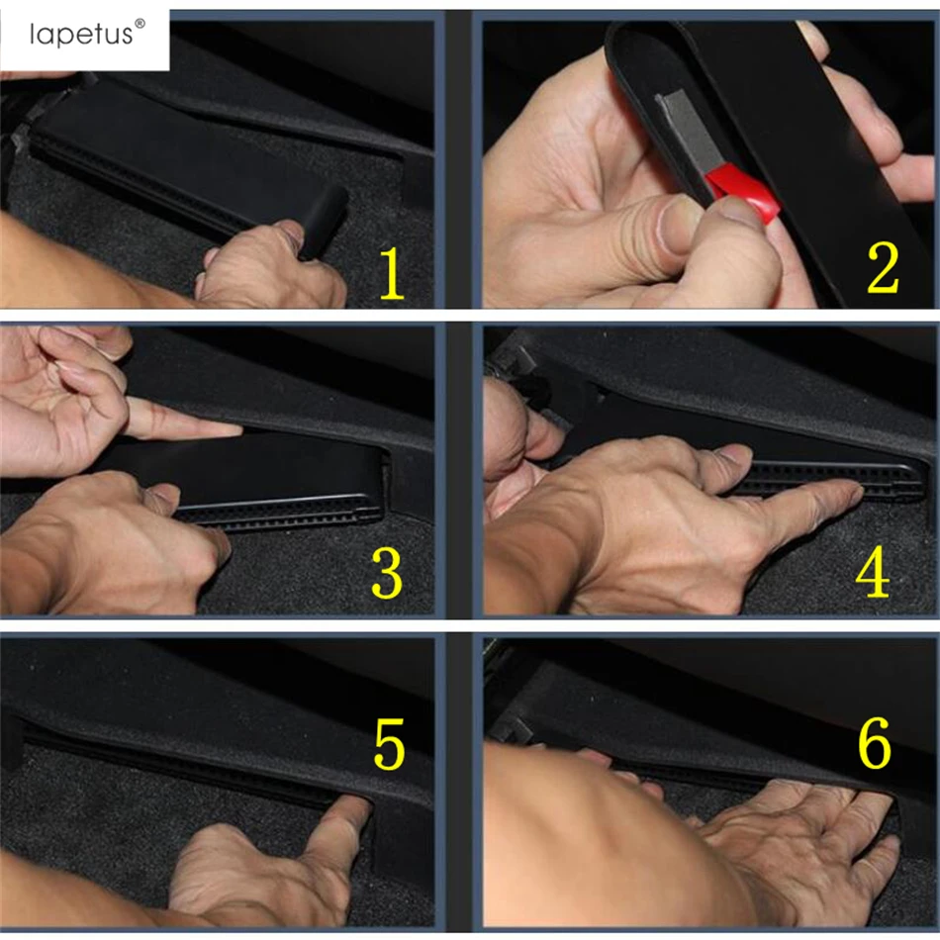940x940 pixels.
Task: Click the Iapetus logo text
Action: pos(81,35)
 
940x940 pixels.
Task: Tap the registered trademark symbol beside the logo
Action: pos(140,24)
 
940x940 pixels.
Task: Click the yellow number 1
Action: pos(392,273)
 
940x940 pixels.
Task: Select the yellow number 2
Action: pos(883,268)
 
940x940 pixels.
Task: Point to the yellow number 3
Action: pos(387,573)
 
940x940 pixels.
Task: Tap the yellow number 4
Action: pos(873,573)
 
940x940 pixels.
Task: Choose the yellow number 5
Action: pos(389,744)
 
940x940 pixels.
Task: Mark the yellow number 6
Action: pos(875,742)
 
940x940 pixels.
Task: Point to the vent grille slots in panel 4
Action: pos(827,478)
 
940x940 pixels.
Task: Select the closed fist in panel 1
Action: pos(270,264)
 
